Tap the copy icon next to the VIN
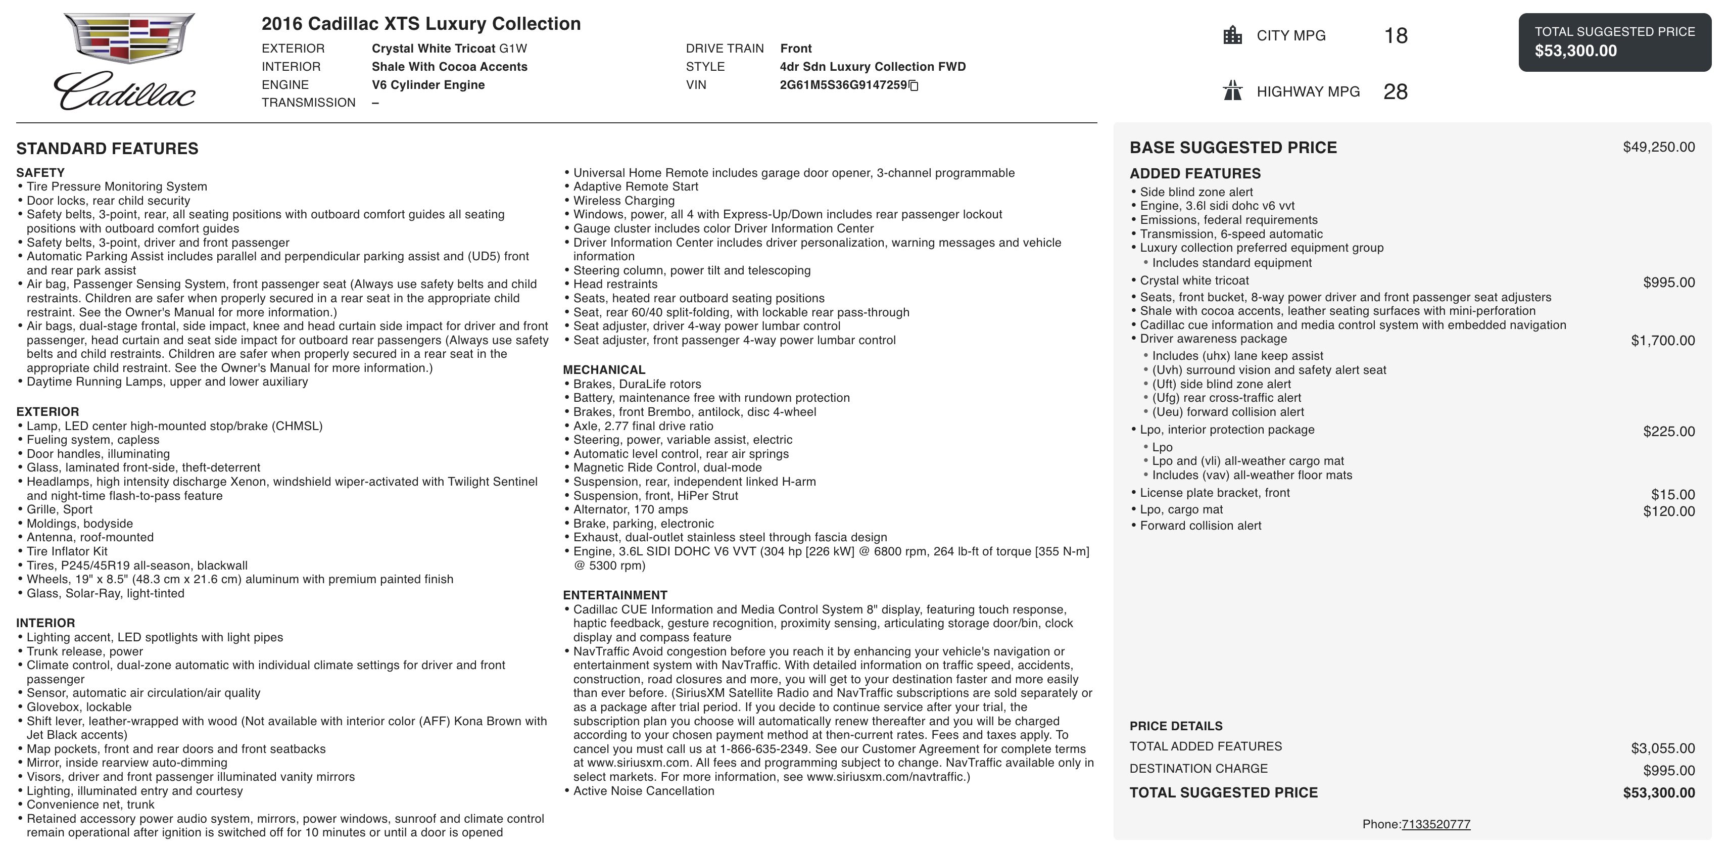coord(914,86)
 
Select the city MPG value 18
coord(1395,35)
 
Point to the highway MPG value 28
coord(1395,92)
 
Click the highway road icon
coord(1232,90)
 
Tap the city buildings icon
coord(1232,35)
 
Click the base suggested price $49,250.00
coord(1658,147)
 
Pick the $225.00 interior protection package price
coord(1668,432)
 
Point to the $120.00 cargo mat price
coord(1668,511)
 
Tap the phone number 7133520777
coord(1435,824)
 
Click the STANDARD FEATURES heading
coord(107,149)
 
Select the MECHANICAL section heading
coord(604,370)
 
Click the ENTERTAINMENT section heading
coord(614,595)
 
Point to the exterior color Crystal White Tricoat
coord(449,49)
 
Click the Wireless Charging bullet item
coord(624,201)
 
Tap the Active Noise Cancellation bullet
coord(643,790)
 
